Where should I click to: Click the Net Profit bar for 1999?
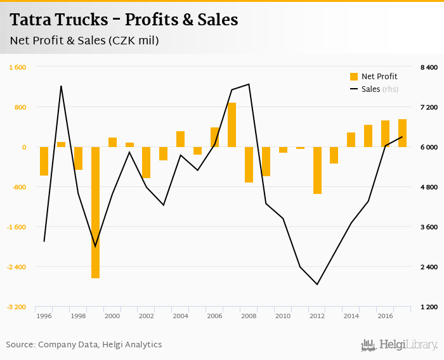[x=95, y=212]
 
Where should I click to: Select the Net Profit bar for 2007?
[x=232, y=125]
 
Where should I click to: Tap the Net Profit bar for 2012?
[x=317, y=170]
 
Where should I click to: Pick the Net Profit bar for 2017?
[x=403, y=133]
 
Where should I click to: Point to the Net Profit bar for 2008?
[x=249, y=165]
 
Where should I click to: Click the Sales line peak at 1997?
[x=61, y=86]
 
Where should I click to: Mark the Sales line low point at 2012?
[x=317, y=285]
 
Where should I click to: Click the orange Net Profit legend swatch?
[x=354, y=77]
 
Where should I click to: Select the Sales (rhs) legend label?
[x=379, y=89]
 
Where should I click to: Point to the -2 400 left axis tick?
[x=17, y=267]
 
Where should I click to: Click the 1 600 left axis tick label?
[x=17, y=67]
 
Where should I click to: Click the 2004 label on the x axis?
[x=180, y=316]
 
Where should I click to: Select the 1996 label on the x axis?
[x=44, y=316]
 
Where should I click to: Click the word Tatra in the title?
[x=29, y=20]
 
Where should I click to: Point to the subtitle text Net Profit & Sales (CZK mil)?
[x=84, y=41]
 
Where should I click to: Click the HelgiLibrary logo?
[x=399, y=345]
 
